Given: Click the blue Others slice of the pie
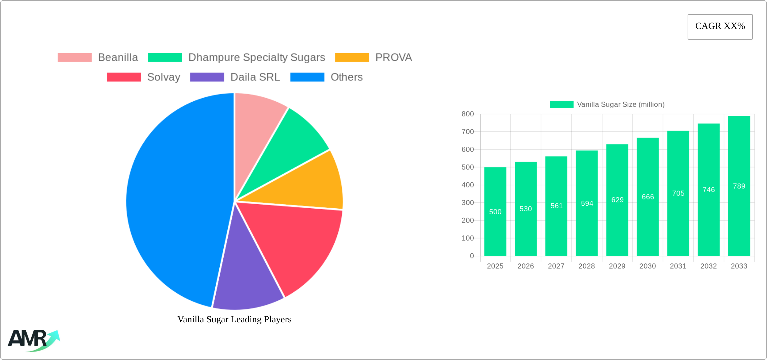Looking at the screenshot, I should (x=175, y=202).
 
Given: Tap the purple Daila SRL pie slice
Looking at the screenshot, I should (x=247, y=279).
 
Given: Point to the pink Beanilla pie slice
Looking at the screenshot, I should (x=257, y=121).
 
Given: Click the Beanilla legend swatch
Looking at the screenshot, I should (x=75, y=58).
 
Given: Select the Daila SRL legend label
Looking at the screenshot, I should (x=255, y=77).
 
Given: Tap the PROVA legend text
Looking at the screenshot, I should (x=394, y=58).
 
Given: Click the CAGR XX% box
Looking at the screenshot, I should (x=720, y=27).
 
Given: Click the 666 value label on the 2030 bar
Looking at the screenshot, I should (x=648, y=197).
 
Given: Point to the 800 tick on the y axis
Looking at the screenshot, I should (x=468, y=114).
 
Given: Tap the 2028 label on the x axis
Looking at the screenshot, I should (x=587, y=266).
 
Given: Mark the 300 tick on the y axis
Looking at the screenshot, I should (x=468, y=203).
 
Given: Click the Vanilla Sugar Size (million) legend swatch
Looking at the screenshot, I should (x=561, y=105).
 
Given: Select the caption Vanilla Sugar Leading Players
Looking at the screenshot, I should (x=234, y=319).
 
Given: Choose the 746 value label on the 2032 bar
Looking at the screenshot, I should (x=708, y=190).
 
